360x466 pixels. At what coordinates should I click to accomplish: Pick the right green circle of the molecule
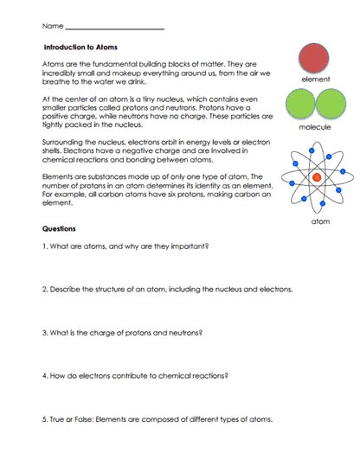coord(329,105)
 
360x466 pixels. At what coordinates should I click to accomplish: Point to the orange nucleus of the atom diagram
coord(316,176)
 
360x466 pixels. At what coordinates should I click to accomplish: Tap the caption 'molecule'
coord(315,127)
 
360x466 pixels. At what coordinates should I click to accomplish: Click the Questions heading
coord(59,229)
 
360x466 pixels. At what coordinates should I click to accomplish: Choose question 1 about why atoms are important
coord(125,246)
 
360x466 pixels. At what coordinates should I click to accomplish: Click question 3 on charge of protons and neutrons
coord(121,332)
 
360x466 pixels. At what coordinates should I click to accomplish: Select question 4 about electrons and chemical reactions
coord(138,376)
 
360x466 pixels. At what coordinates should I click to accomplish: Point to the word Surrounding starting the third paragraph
coord(62,138)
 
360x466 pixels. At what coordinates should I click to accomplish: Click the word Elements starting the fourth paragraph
coord(58,176)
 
